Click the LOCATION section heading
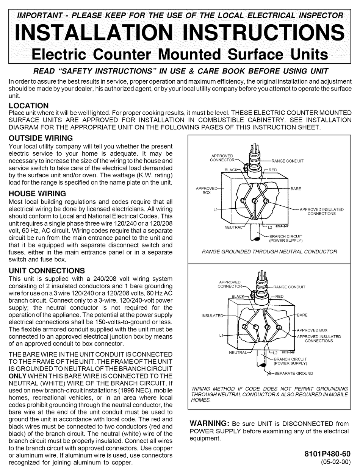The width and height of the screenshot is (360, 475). click(x=28, y=106)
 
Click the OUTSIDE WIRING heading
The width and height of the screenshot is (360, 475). click(x=41, y=138)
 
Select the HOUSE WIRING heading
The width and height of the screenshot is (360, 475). click(x=37, y=194)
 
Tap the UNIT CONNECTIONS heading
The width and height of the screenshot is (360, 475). click(x=47, y=271)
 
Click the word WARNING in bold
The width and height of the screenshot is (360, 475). click(x=209, y=423)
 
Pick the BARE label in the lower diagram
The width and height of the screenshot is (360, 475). click(x=302, y=315)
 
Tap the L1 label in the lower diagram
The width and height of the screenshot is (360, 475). click(x=222, y=336)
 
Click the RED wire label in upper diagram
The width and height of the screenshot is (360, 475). click(x=273, y=170)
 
